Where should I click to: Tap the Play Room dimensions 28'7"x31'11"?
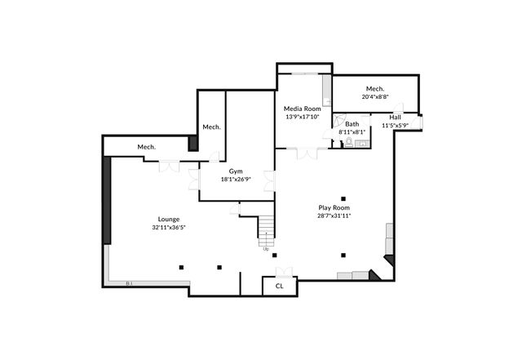tap(334, 216)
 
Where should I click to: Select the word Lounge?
tap(169, 219)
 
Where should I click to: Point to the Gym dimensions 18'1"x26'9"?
tap(235, 180)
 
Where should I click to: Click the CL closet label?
tap(279, 286)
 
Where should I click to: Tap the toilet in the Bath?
tap(348, 141)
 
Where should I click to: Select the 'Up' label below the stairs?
tap(266, 249)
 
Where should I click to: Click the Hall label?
tap(395, 117)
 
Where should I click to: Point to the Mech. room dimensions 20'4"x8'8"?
tap(375, 96)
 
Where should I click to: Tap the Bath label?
tap(352, 123)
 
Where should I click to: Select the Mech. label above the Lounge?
tap(146, 146)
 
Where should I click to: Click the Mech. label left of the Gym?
tap(212, 127)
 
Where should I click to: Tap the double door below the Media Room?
tap(307, 152)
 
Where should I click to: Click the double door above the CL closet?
tap(282, 272)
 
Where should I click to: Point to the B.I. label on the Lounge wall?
tap(130, 283)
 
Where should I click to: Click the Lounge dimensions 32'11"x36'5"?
tap(169, 228)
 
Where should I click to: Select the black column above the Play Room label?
tap(344, 198)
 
